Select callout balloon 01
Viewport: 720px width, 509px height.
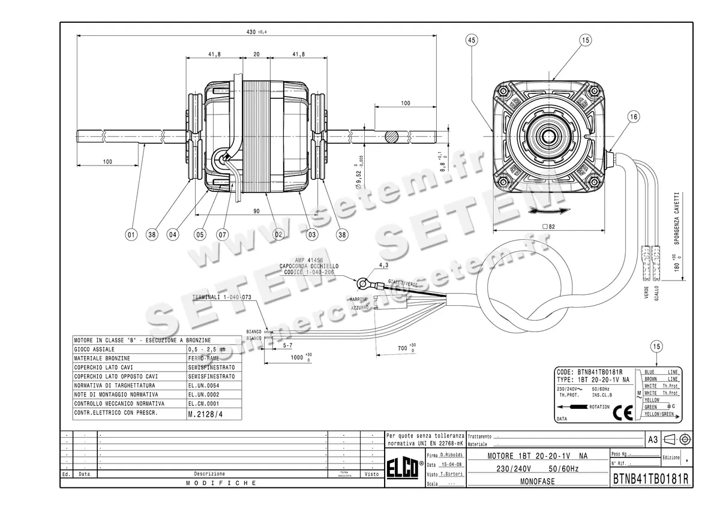tap(131, 235)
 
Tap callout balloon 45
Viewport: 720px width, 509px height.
tap(472, 40)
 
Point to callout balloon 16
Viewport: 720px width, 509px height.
tap(634, 118)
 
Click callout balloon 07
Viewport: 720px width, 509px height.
tap(223, 235)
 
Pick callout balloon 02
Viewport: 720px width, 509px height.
tap(278, 235)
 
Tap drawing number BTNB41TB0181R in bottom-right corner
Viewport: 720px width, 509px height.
tap(650, 480)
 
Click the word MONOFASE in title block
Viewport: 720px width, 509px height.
tap(537, 481)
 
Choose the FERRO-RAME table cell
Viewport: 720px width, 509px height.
tap(203, 358)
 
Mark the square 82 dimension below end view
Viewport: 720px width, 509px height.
tap(547, 227)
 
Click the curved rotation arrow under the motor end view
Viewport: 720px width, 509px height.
tap(548, 211)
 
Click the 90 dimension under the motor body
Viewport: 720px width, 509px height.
tap(256, 210)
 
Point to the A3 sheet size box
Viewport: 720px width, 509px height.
tap(653, 439)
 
